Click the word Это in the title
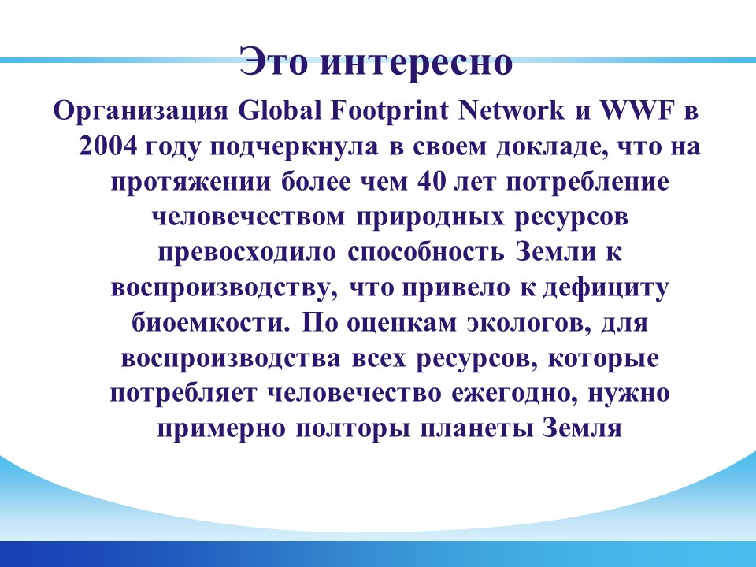273,61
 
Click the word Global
280,110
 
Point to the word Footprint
390,111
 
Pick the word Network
510,110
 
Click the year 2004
108,146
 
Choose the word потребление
587,182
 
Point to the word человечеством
249,218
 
